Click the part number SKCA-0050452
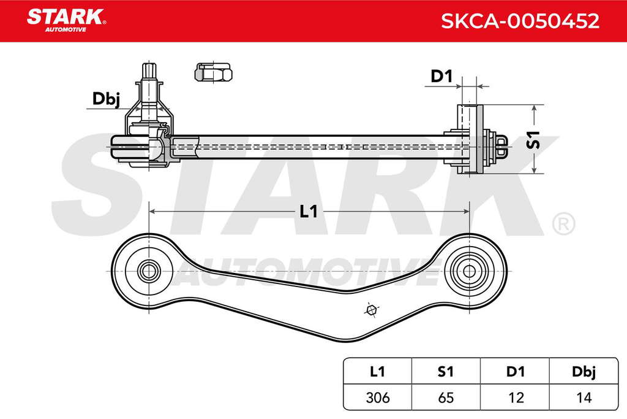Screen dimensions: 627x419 520,21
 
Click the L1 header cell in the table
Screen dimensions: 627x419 377,372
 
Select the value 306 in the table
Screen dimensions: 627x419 377,398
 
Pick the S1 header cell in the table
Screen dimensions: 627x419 446,372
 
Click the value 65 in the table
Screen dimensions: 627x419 446,398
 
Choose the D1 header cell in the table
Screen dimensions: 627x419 515,372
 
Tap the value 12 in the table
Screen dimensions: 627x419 515,398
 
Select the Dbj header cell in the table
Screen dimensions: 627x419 584,372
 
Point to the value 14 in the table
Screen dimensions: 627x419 584,398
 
